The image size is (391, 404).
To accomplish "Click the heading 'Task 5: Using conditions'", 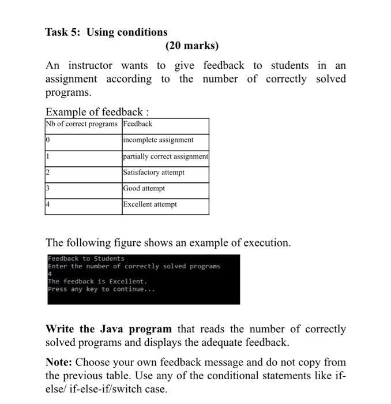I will point(106,32).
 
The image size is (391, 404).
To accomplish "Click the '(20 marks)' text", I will point(192,46).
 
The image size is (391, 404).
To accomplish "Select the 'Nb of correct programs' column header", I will point(82,124).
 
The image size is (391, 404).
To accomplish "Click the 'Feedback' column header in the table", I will point(138,124).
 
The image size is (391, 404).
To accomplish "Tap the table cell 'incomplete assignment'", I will point(158,140).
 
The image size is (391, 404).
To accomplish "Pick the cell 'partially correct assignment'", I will point(165,156).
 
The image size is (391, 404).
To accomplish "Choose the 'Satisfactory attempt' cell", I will point(153,173).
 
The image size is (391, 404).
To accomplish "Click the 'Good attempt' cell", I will point(144,189).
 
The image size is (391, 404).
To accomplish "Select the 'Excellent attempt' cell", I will point(150,205).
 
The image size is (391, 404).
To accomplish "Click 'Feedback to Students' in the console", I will point(86,259).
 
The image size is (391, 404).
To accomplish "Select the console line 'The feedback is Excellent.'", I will point(97,282).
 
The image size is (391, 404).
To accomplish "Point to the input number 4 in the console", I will point(50,274).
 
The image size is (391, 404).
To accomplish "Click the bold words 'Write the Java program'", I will point(108,329).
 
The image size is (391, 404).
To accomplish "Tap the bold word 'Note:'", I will point(59,362).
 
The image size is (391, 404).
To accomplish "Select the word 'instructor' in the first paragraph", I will point(90,66).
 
